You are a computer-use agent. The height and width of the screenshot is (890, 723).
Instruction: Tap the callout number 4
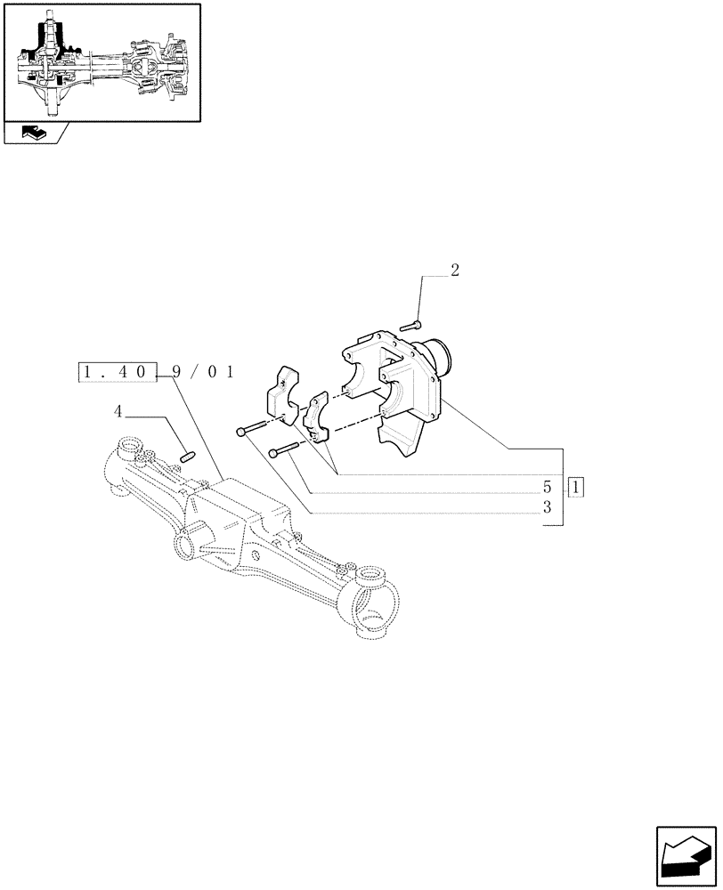118,411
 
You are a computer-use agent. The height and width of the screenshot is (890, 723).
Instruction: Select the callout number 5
547,488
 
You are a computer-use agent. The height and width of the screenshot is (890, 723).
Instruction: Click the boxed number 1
576,487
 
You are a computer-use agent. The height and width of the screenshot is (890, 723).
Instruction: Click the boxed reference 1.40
118,372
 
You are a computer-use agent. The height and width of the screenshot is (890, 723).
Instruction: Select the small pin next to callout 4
187,457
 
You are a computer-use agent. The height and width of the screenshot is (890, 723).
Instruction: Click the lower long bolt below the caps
287,449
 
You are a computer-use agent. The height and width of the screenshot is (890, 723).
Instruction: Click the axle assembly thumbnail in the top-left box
101,62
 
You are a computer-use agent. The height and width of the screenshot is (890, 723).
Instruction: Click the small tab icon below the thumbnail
33,134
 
